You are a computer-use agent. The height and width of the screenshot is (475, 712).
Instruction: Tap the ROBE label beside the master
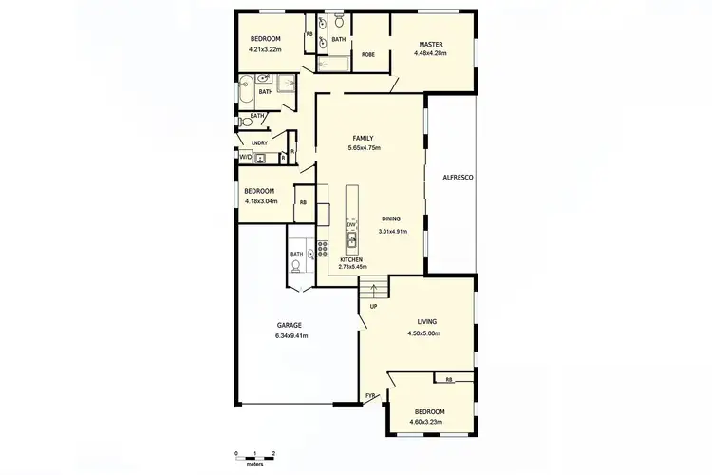click(368, 55)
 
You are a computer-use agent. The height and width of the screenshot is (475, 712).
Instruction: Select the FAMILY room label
click(364, 139)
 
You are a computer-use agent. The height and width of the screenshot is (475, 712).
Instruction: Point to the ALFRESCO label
click(458, 178)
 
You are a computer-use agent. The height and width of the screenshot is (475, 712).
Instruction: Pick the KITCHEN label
click(352, 259)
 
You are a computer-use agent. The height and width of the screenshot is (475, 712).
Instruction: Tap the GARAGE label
click(290, 325)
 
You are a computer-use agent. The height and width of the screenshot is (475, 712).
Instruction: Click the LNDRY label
click(259, 143)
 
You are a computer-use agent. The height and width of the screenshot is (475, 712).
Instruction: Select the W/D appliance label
click(245, 157)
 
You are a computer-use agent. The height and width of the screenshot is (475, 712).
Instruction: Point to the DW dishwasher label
click(350, 224)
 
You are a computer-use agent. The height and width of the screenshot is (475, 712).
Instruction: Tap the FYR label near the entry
click(371, 395)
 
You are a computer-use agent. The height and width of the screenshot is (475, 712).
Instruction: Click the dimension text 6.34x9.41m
click(290, 335)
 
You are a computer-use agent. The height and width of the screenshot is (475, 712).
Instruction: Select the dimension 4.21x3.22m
click(267, 48)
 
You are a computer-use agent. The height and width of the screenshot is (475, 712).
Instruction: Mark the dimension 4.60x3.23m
click(429, 423)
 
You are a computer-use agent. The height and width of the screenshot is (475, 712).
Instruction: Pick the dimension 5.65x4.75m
click(364, 148)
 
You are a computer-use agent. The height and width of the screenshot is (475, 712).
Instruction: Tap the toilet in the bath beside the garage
click(296, 267)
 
